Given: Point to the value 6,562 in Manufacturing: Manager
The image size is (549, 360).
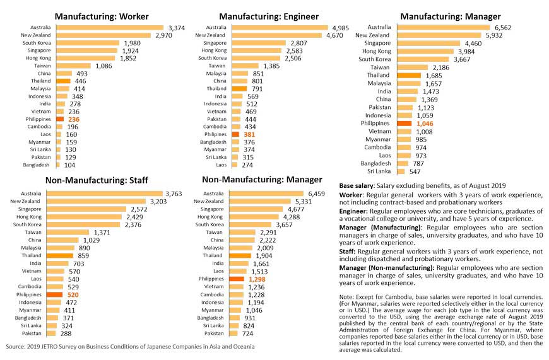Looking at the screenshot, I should coord(503,28).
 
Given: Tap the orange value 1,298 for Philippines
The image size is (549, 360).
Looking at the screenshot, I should coord(259,279).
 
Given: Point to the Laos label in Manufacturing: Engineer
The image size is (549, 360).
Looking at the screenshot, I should coord(218,165).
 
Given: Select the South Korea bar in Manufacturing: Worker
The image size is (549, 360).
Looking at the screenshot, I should coord(85,43).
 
